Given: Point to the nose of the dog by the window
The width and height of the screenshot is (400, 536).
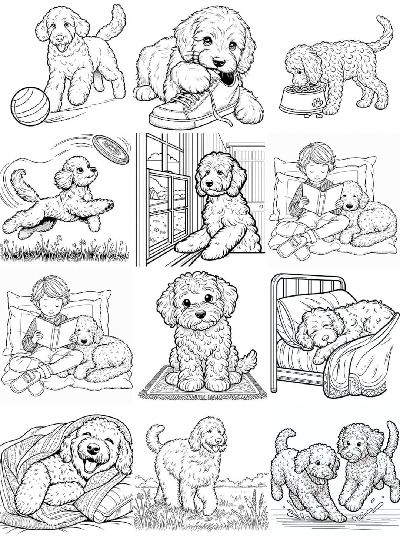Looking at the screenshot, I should (209, 183).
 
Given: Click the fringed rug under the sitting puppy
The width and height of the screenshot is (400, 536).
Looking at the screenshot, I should (202, 389).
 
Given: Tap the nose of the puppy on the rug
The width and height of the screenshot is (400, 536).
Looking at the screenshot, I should (200, 314).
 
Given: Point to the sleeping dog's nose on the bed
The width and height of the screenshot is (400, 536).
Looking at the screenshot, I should (325, 338).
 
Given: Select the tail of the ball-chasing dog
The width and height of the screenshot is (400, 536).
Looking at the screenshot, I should (115, 22).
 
